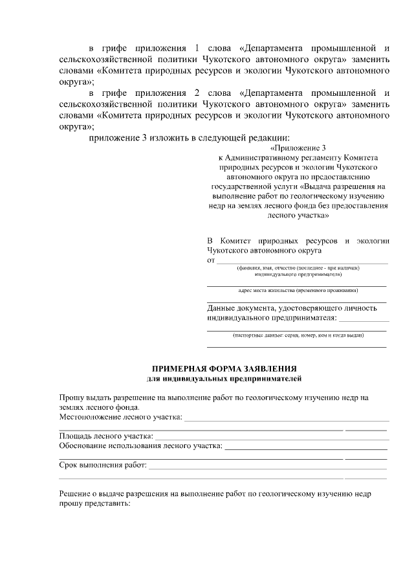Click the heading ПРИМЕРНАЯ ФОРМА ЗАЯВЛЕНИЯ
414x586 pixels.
click(224, 368)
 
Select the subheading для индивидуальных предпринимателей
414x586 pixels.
click(224, 378)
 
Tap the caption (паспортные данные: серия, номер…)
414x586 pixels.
click(298, 335)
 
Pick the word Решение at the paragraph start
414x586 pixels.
click(77, 493)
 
